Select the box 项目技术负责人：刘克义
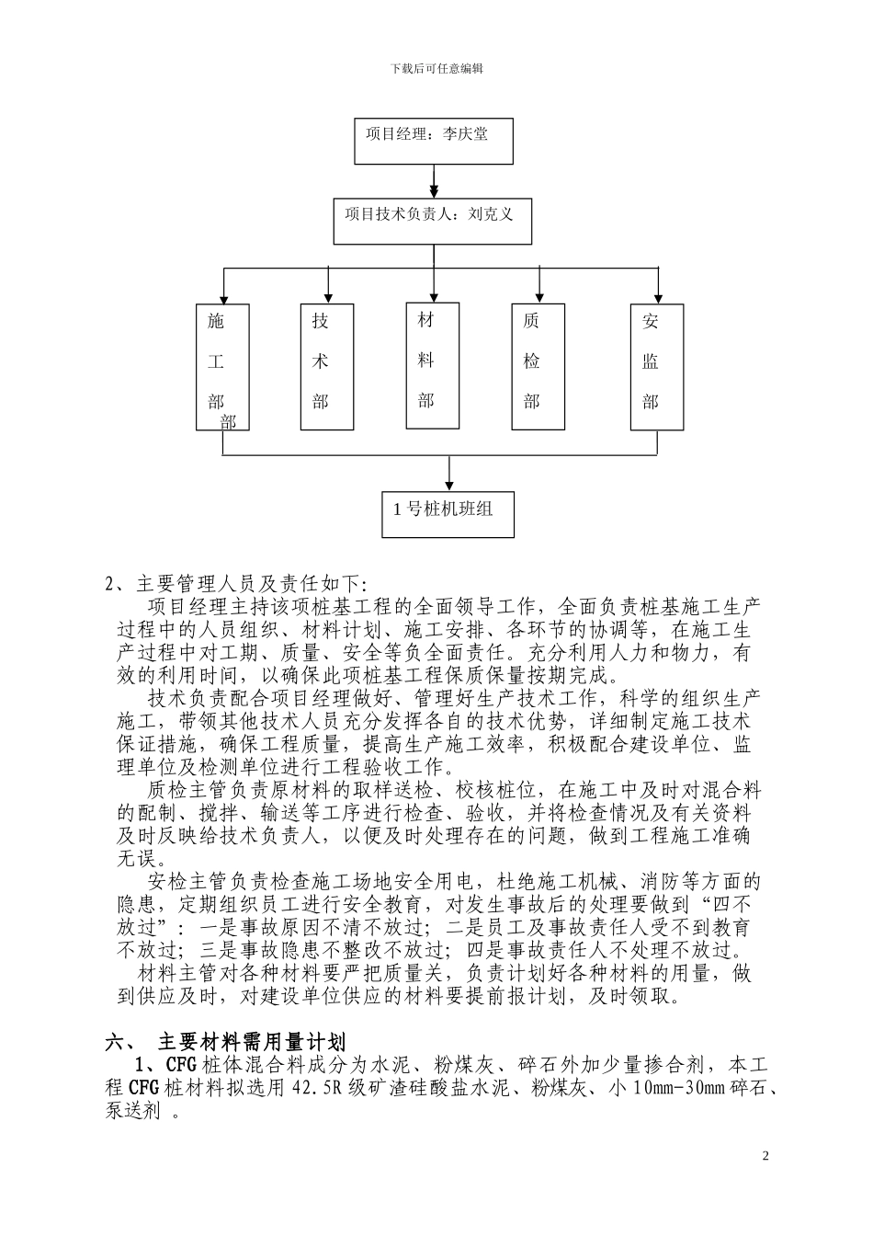pos(433,217)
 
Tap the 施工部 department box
pos(222,367)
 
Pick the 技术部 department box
pos(327,367)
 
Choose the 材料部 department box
pos(433,365)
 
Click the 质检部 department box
pos(538,367)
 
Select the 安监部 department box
pos(656,367)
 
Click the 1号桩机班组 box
pos(448,513)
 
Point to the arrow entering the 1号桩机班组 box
pos(448,480)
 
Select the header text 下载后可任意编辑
pos(436,68)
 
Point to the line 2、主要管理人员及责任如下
pos(236,584)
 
